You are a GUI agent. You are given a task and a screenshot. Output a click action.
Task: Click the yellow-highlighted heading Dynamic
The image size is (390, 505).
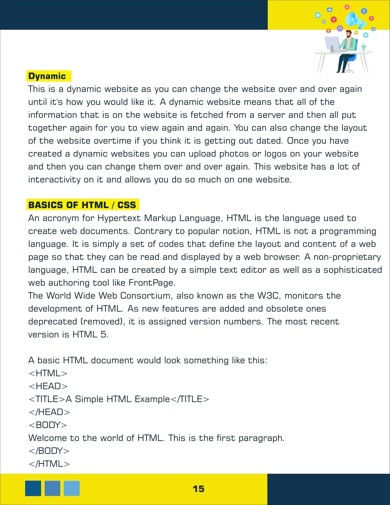[47, 76]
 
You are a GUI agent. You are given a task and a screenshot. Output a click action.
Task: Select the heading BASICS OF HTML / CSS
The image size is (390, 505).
[82, 205]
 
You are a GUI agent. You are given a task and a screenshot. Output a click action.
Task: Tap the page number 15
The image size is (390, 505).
[198, 489]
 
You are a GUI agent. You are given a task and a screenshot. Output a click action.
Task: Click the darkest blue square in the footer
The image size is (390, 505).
[33, 488]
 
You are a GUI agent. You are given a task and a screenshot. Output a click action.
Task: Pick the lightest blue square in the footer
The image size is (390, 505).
[72, 488]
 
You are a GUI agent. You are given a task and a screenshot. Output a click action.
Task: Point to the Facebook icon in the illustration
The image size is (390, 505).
[364, 11]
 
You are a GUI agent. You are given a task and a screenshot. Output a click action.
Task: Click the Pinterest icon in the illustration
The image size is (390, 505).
[371, 18]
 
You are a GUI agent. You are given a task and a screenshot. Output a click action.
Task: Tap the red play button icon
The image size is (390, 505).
[334, 19]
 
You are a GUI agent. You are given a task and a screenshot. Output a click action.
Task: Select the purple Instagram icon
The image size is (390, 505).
[340, 28]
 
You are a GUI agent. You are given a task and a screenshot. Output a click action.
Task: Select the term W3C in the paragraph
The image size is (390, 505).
[268, 296]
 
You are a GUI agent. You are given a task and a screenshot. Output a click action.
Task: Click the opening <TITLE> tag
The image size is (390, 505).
[47, 399]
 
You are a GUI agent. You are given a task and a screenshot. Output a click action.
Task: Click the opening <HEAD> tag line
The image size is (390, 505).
[48, 386]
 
